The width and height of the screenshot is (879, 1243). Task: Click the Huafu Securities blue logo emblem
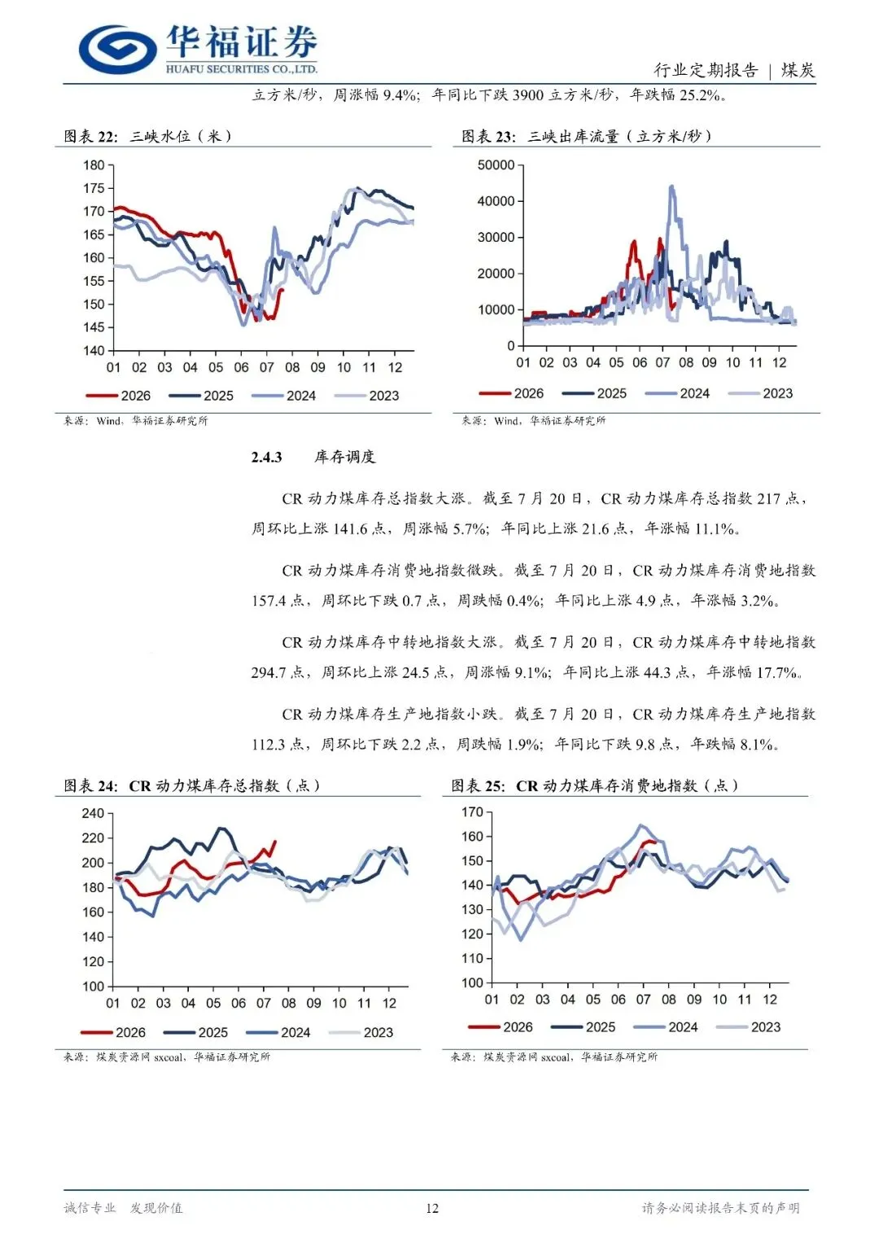tap(118, 49)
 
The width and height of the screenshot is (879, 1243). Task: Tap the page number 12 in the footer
tap(431, 1208)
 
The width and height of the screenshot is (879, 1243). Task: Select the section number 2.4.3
tap(266, 457)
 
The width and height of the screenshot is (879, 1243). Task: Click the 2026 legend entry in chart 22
tap(118, 396)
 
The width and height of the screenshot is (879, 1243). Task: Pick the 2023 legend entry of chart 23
tap(760, 393)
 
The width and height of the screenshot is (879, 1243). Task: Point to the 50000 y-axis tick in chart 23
tap(496, 165)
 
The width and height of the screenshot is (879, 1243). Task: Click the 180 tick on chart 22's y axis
tap(94, 165)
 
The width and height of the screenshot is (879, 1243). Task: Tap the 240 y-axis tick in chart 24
tap(93, 813)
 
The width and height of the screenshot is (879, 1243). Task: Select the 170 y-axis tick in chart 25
tap(472, 812)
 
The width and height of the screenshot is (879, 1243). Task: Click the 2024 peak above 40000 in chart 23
tap(672, 187)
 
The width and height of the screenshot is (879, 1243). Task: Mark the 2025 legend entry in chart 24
tap(195, 1032)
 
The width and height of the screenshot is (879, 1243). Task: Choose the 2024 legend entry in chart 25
tap(666, 1027)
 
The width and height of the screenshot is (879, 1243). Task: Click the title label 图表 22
tap(90, 137)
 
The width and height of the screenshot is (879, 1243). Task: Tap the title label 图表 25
tap(478, 786)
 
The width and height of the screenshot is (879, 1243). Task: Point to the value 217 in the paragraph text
tap(768, 499)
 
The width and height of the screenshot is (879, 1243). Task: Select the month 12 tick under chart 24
tap(390, 1004)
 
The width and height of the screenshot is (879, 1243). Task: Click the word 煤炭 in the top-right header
tap(798, 70)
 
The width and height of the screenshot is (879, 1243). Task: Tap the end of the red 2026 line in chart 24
tap(275, 842)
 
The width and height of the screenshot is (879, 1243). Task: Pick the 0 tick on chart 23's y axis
tap(511, 346)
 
